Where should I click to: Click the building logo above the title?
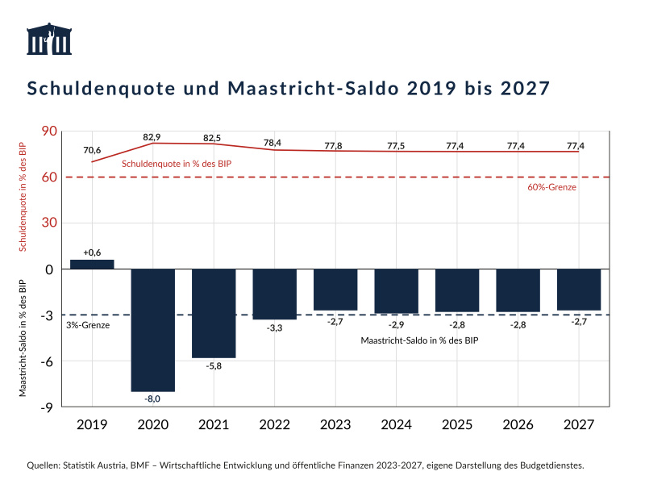coord(48,40)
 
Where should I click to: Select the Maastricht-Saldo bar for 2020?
coord(153,330)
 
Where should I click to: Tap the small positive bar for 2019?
coord(92,264)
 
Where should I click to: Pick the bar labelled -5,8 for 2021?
coord(214,313)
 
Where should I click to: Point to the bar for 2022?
coord(275,294)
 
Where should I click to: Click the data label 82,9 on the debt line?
coord(152,137)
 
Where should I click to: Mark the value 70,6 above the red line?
coord(92,150)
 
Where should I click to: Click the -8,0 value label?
coord(153,398)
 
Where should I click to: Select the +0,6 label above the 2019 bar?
coord(92,252)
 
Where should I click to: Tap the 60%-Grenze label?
coord(552,187)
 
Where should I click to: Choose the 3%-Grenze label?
coord(87,325)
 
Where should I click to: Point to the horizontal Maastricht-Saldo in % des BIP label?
coord(419,341)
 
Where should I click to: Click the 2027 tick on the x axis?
coord(579,425)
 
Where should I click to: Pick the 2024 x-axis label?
coord(397,425)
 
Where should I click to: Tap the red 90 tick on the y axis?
coord(48,131)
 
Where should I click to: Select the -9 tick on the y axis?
coord(48,407)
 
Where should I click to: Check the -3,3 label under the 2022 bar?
coord(275,328)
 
